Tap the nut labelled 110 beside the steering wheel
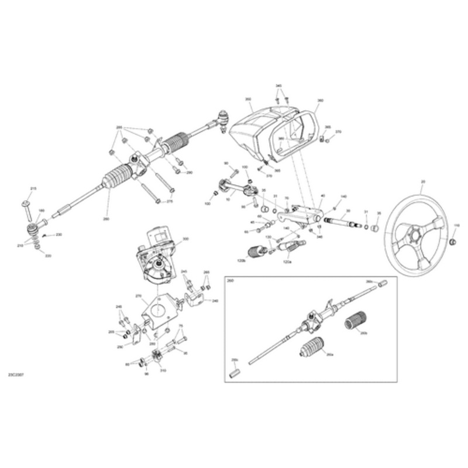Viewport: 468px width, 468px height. [x=453, y=242]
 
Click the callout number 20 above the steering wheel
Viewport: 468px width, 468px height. [x=423, y=182]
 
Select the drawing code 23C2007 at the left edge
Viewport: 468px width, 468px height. [x=16, y=373]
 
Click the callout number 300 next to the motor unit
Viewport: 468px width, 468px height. [x=186, y=239]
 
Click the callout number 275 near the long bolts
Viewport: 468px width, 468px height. [x=170, y=201]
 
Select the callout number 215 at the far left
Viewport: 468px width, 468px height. [x=33, y=188]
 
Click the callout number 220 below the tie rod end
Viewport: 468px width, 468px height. [x=48, y=256]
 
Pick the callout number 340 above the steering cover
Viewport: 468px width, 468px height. [x=280, y=86]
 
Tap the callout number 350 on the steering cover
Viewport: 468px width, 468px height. [x=248, y=100]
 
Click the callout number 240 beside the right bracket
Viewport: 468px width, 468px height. [x=215, y=301]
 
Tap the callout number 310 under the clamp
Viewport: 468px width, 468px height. [x=163, y=370]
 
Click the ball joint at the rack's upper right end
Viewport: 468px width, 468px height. [x=223, y=115]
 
